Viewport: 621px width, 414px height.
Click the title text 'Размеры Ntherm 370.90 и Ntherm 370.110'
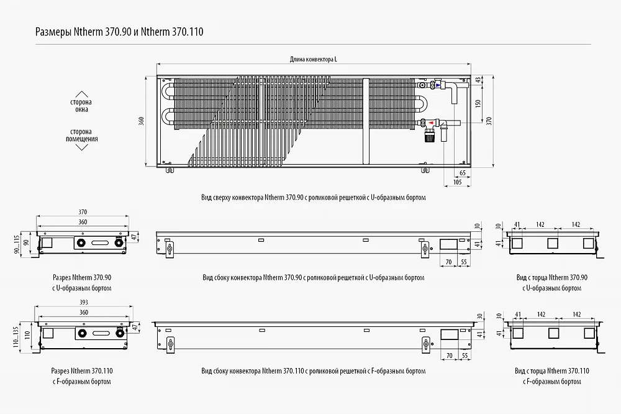(119, 32)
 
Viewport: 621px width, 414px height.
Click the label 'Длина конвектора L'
(313, 60)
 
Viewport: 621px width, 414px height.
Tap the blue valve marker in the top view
(438, 85)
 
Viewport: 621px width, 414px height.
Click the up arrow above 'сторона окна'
(81, 94)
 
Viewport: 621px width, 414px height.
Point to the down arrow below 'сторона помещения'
(81, 147)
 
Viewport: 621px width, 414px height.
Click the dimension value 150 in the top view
(478, 103)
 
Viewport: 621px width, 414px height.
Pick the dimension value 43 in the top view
(478, 80)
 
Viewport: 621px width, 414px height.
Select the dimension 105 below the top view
(458, 182)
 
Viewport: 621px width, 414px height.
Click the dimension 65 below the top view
(462, 173)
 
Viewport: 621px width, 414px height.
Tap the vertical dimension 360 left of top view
(142, 121)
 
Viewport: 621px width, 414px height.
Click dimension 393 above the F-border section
(84, 302)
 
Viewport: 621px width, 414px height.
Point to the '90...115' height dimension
(17, 243)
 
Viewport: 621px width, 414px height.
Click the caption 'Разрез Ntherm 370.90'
(82, 278)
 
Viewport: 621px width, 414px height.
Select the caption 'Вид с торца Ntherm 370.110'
(551, 371)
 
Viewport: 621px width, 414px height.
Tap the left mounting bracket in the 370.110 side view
(171, 344)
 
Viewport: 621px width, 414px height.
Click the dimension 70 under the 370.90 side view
(449, 262)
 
